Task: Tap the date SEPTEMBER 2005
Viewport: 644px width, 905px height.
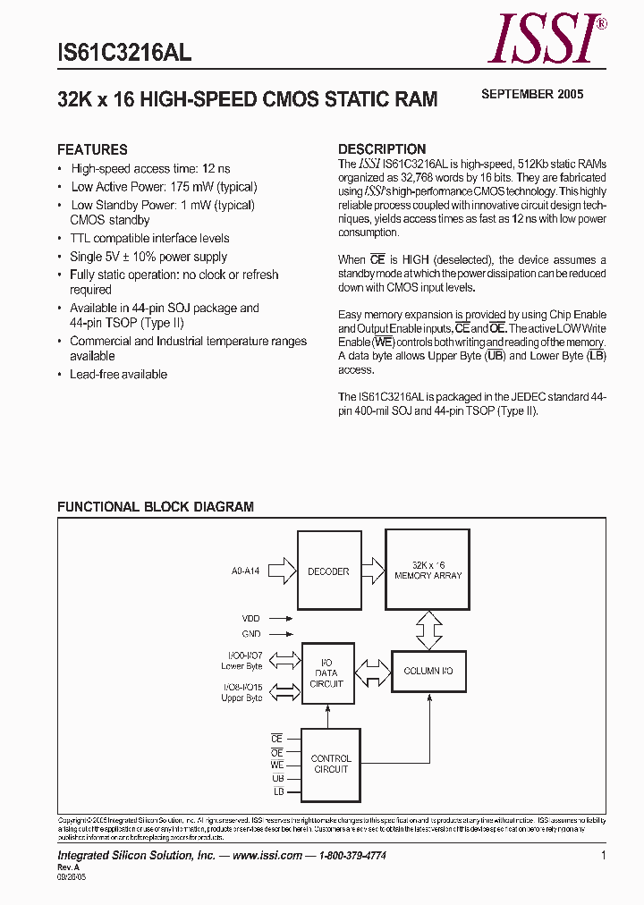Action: (x=532, y=94)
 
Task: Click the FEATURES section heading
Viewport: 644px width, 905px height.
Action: (x=92, y=149)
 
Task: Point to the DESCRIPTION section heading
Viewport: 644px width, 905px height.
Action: (x=381, y=149)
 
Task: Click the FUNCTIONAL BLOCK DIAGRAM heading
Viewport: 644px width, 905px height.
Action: (x=156, y=506)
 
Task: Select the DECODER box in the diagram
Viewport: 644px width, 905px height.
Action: (x=328, y=571)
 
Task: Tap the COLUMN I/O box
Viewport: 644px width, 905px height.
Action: (x=428, y=671)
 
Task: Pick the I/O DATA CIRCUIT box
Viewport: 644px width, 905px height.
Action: (x=327, y=672)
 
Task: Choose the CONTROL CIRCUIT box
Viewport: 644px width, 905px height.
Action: (x=331, y=764)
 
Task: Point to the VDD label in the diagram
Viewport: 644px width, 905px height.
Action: (x=251, y=618)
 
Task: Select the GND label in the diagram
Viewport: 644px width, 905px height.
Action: (x=251, y=633)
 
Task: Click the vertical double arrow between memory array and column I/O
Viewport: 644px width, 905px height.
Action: (x=429, y=630)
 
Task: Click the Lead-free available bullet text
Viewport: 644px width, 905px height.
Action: (x=118, y=374)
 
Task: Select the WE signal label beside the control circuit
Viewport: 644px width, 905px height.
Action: (x=276, y=765)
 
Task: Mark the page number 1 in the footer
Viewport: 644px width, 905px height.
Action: (x=604, y=856)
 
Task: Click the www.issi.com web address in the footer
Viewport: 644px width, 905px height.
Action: (x=267, y=856)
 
